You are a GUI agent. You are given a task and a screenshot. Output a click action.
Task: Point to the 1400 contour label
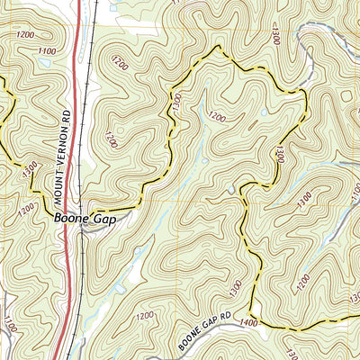(x=250, y=321)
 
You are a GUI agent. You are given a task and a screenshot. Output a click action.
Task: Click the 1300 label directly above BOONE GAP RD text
(x=237, y=291)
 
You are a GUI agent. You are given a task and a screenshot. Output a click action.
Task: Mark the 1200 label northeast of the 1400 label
(x=302, y=284)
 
